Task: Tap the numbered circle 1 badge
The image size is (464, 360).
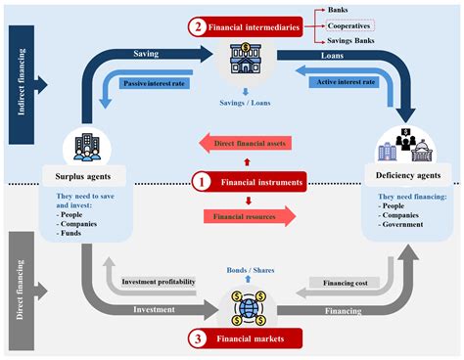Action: click(x=201, y=181)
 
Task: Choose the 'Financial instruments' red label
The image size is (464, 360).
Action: click(x=260, y=181)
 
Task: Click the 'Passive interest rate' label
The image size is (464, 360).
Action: click(x=156, y=84)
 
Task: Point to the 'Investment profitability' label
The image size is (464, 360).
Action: click(x=158, y=282)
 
